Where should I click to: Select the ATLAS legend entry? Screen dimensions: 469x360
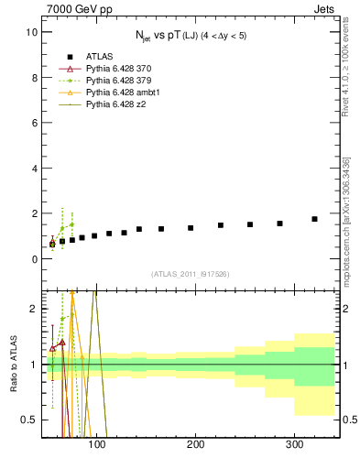coord(101,57)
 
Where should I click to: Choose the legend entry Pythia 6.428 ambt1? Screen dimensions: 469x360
coord(124,93)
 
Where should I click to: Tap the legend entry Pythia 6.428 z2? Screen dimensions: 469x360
coord(117,104)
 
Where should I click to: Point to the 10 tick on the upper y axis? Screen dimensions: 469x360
coord(31,32)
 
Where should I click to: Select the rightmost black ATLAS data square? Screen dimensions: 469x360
coord(314,219)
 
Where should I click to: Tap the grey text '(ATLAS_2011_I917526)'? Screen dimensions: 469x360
coord(190,274)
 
